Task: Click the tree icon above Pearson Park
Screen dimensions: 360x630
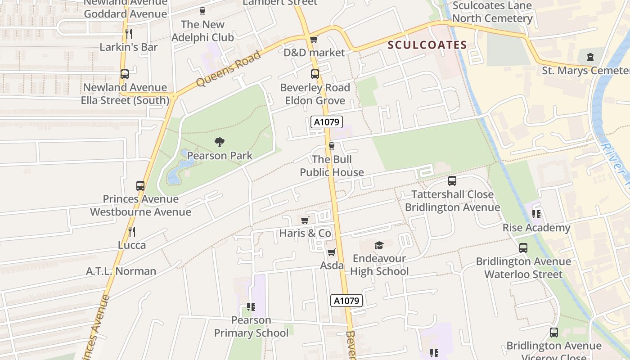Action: coord(220,142)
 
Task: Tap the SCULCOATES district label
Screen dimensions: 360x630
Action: coord(427,45)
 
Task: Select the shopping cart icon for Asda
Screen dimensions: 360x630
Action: coord(332,252)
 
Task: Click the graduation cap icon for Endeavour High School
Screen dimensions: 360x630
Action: coord(379,245)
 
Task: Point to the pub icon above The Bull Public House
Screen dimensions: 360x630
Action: coord(332,146)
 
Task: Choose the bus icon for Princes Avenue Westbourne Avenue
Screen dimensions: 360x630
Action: coord(140,185)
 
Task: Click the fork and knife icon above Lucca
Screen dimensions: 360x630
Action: coord(132,232)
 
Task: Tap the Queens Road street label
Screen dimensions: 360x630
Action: coord(229,69)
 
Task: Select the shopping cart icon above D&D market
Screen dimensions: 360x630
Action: coord(314,40)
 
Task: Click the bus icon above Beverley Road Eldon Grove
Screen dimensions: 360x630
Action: coord(315,74)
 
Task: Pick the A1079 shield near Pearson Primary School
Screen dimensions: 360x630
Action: coord(346,301)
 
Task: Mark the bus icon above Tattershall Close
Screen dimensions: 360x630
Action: coord(452,181)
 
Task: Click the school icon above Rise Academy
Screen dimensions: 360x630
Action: coord(536,214)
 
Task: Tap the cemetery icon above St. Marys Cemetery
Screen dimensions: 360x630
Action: coord(590,57)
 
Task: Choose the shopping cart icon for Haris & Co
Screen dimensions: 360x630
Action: coord(305,220)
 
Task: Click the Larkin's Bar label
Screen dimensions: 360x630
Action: coord(129,47)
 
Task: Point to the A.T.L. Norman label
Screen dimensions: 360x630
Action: coord(121,271)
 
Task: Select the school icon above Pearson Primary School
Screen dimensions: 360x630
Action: coord(251,307)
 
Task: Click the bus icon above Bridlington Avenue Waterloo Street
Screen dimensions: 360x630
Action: coord(523,248)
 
